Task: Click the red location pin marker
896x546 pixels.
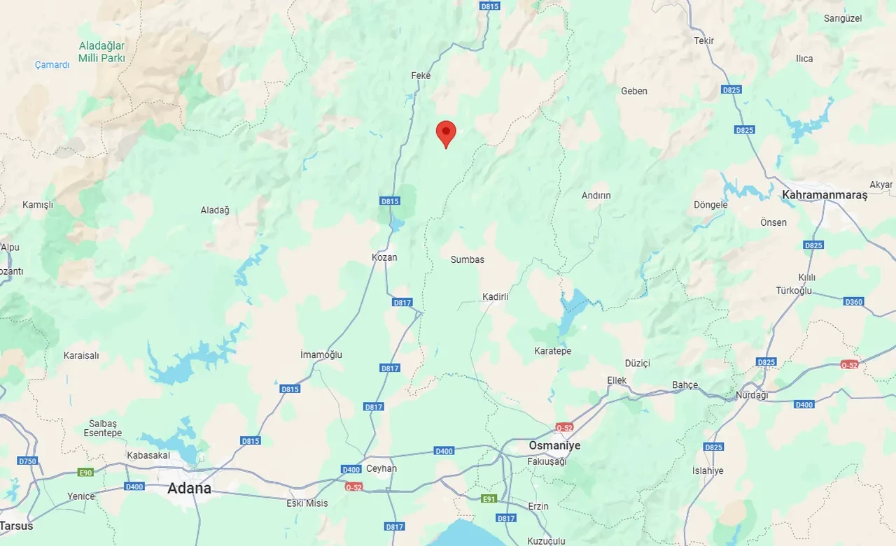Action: pos(446,133)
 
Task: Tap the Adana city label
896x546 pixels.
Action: pos(189,489)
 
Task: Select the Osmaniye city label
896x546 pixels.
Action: pos(554,445)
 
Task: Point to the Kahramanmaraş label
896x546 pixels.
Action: pos(824,195)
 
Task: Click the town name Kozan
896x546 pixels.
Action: pos(384,257)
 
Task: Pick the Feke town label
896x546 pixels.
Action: pos(421,76)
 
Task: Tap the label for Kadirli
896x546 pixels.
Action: pos(496,297)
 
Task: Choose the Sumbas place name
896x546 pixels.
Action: pos(468,259)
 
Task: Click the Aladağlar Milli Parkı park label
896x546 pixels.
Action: pos(101,52)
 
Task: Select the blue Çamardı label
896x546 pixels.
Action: pos(52,65)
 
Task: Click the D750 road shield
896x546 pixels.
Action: pos(27,461)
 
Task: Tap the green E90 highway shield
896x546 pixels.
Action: pos(85,473)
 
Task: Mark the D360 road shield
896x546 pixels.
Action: pos(854,302)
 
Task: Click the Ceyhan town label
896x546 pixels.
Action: pos(381,468)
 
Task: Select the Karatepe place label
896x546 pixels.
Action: pos(552,351)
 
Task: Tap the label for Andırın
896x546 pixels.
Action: pos(596,196)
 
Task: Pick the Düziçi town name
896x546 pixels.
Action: pos(638,364)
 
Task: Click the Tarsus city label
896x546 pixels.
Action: pos(16,526)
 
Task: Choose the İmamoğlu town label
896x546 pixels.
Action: pos(321,354)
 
